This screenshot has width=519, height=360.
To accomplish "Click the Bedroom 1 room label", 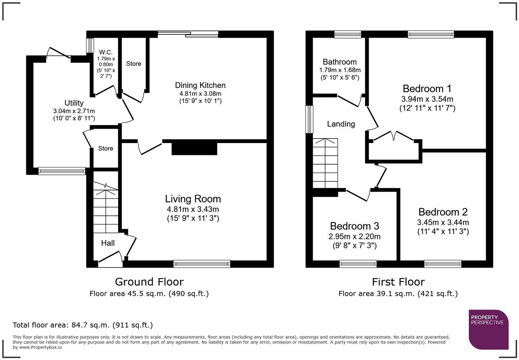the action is (x=427, y=89).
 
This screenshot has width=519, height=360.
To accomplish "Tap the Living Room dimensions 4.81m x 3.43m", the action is (x=193, y=209).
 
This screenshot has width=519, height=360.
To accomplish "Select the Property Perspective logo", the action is (x=489, y=329).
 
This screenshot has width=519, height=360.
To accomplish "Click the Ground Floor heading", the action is (x=149, y=282).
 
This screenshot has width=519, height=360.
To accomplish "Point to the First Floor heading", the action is (x=398, y=282).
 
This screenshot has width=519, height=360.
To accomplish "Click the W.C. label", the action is (x=106, y=52).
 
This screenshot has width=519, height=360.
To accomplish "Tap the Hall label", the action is (x=108, y=243).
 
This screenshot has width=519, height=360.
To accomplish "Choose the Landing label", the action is (x=341, y=124).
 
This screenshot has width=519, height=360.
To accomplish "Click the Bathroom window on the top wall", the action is (x=348, y=34).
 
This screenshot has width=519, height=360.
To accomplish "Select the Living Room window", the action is (x=202, y=264).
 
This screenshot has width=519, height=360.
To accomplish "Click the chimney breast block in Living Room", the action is (x=194, y=149).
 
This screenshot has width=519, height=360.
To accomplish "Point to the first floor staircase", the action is (x=325, y=163).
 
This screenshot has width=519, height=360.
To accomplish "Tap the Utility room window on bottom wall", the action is (x=62, y=171).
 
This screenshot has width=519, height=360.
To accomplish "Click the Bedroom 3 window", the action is (x=358, y=264).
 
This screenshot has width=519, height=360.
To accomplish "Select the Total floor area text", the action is (x=83, y=325).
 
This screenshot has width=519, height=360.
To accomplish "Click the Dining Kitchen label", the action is (x=200, y=85).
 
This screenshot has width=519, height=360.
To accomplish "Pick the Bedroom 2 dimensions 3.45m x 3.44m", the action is (x=443, y=223).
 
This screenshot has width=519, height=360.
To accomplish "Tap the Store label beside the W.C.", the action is (x=134, y=64).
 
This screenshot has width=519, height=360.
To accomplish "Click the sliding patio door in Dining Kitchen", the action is (x=188, y=34).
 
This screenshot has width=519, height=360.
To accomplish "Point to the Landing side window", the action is (x=309, y=120).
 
